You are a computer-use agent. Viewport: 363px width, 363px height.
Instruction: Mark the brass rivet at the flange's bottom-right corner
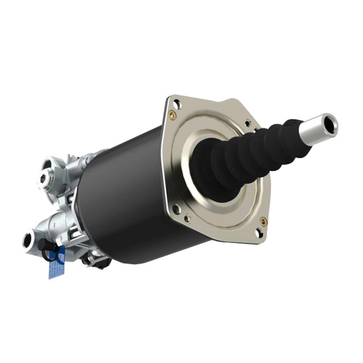(x=263, y=220)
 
